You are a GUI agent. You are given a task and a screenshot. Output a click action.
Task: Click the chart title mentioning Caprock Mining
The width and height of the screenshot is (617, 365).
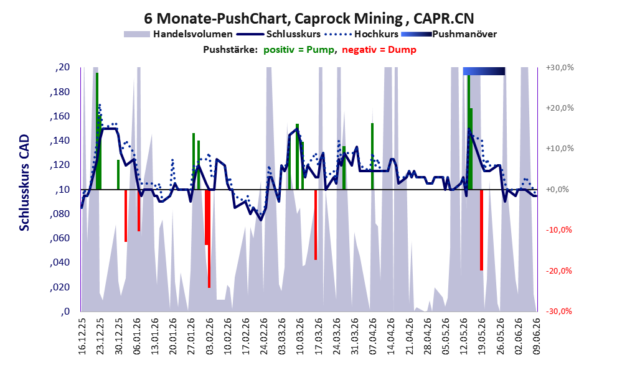coord(309,19)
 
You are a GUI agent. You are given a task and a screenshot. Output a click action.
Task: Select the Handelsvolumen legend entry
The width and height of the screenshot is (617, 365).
coord(178,34)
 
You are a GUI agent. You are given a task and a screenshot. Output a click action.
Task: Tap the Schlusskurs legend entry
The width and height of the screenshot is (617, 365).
coord(278,34)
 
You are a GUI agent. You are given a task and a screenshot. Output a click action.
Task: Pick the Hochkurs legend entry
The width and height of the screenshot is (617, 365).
coord(361,34)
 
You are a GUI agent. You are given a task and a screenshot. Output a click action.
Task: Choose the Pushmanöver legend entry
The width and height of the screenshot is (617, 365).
coord(449,34)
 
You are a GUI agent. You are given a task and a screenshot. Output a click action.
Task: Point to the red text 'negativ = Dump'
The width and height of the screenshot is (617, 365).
coord(379,50)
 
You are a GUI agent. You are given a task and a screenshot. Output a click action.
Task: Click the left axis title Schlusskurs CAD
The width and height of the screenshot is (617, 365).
coord(24,183)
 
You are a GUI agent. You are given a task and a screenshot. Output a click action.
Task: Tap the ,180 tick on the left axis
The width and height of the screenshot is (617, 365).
coord(60,92)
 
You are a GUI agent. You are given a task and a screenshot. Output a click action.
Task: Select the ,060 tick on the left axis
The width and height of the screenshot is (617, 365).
coord(60,238)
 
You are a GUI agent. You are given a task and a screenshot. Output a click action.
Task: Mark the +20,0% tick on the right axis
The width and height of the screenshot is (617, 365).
coord(560,108)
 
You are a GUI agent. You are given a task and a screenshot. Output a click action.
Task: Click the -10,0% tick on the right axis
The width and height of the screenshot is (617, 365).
coord(559,230)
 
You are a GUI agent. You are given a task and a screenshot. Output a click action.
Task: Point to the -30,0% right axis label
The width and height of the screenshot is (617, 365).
coord(559,311)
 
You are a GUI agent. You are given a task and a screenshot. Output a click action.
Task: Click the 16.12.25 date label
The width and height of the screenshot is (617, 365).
coord(82,336)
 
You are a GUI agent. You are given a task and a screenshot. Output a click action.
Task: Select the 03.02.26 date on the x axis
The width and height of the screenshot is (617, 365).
coord(209,336)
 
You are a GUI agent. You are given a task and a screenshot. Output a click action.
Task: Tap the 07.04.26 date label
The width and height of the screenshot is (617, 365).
coord(373,336)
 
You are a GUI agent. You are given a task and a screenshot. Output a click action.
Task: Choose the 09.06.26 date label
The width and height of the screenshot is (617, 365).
coord(536,336)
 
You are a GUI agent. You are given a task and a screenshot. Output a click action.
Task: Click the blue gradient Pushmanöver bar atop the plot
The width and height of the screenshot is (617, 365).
coord(484,71)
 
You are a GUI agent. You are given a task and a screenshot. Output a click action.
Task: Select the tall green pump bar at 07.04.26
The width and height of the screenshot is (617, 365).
coord(372,156)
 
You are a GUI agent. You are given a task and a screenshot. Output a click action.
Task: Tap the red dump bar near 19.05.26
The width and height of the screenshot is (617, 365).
coord(481,230)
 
